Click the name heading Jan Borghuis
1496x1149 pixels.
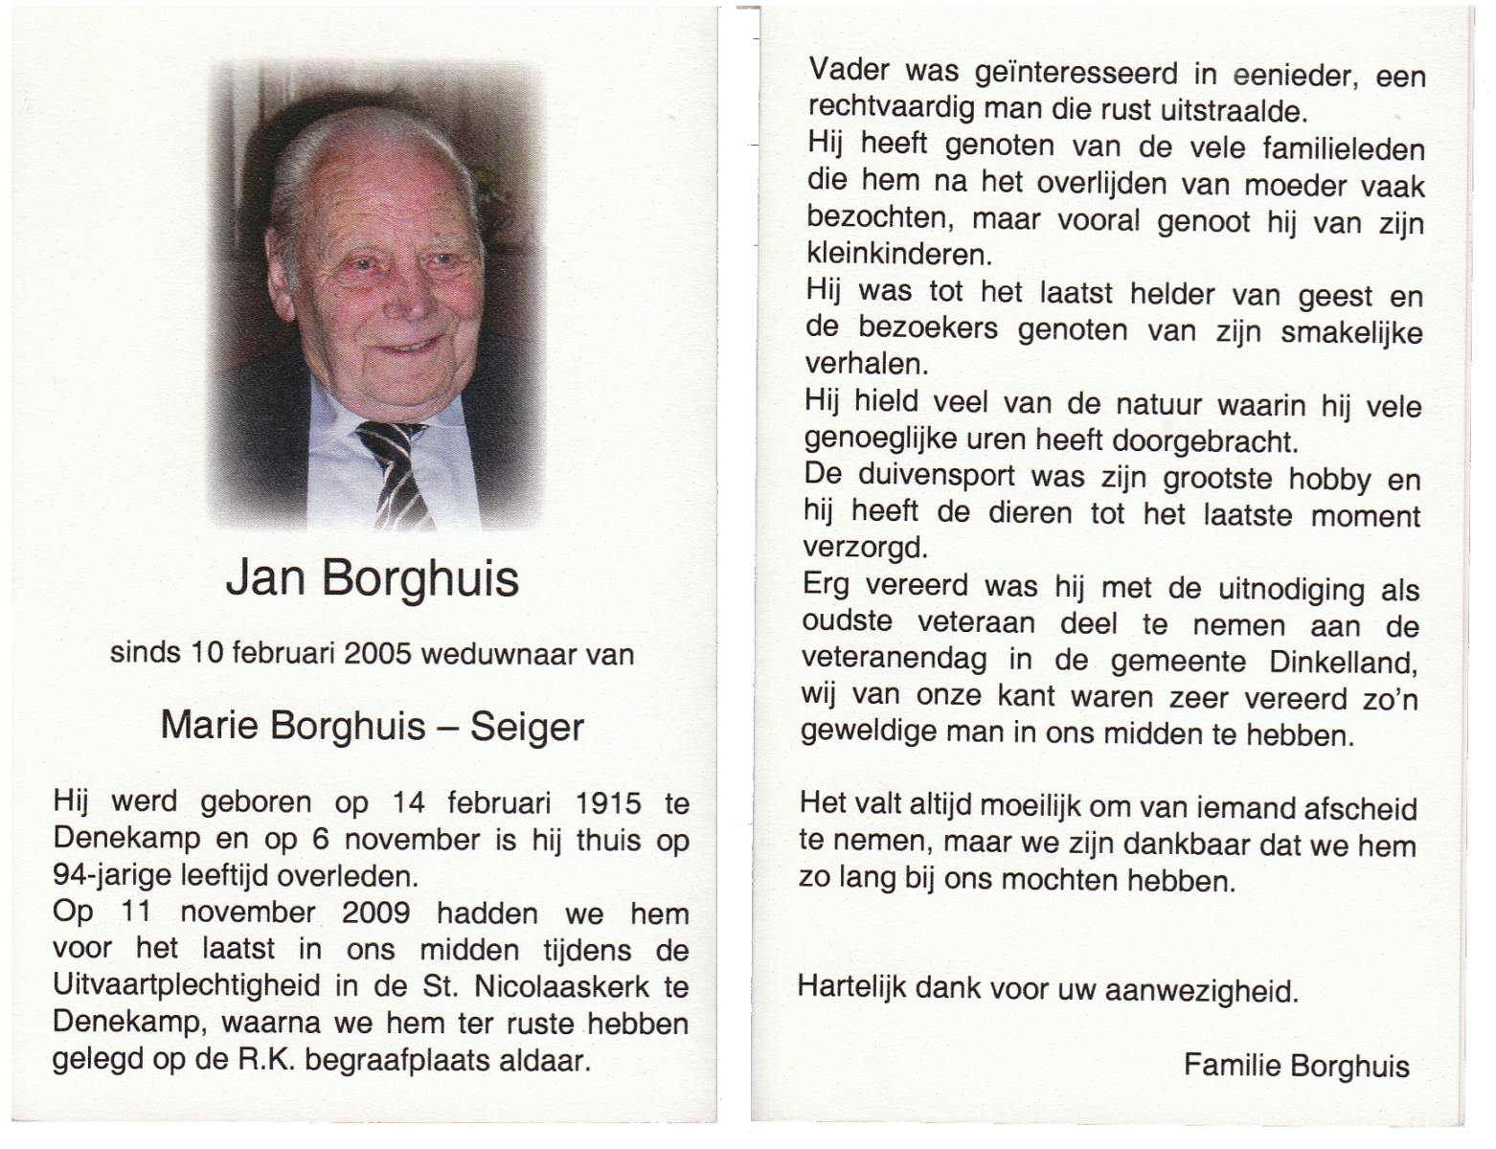pyautogui.click(x=373, y=578)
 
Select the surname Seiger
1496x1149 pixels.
pyautogui.click(x=527, y=728)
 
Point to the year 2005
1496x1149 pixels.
pyautogui.click(x=377, y=654)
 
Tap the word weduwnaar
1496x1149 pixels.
pyautogui.click(x=499, y=655)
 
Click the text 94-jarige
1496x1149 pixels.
pyautogui.click(x=112, y=875)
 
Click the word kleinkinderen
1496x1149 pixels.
pyautogui.click(x=897, y=255)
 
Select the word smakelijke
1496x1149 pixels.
pyautogui.click(x=1351, y=333)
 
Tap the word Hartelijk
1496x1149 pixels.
pyautogui.click(x=852, y=987)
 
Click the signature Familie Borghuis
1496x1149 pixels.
pyautogui.click(x=1297, y=1066)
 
